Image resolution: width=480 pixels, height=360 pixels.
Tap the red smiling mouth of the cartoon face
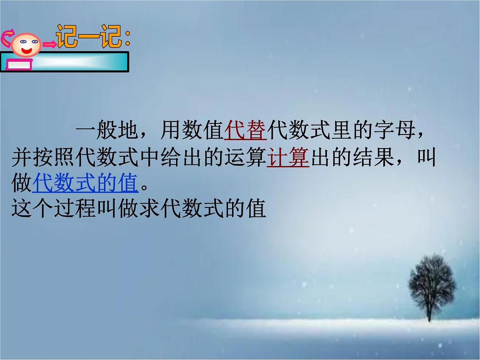[x=27, y=51]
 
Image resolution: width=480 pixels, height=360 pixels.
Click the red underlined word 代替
[x=245, y=132]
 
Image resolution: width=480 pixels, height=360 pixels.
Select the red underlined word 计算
[x=288, y=158]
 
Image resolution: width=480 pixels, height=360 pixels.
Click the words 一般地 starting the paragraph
[x=107, y=132]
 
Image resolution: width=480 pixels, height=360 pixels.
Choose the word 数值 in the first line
[x=202, y=132]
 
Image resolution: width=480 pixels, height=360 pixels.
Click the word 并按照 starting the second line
[x=43, y=158]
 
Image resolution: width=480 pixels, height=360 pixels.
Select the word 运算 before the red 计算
[x=245, y=158]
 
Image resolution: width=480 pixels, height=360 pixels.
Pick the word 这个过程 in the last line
[x=54, y=209]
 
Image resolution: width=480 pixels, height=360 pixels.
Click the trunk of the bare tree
[x=429, y=312]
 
